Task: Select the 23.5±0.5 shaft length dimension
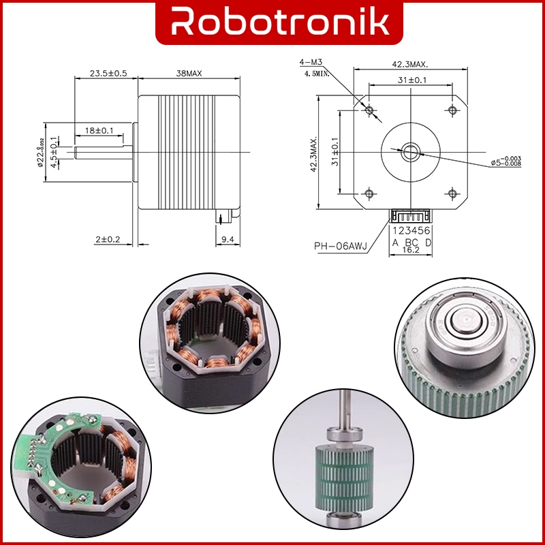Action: (x=105, y=73)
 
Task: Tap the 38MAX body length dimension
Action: (x=189, y=73)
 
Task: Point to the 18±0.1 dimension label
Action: (x=99, y=129)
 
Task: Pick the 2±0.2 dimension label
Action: (x=108, y=239)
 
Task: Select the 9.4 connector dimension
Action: (x=228, y=239)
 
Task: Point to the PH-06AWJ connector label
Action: (x=340, y=247)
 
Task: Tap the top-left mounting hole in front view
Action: (x=369, y=110)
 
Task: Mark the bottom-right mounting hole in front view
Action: (x=452, y=193)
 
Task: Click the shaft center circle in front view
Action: (x=410, y=151)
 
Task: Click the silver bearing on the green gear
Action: (x=464, y=328)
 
